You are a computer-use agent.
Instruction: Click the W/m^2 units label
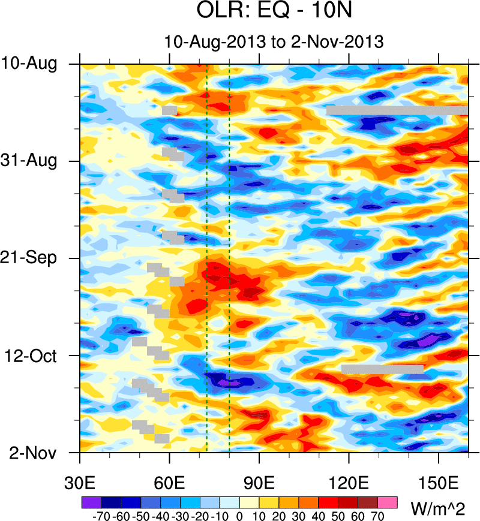coord(436,510)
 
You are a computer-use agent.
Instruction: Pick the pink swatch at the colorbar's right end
coord(388,501)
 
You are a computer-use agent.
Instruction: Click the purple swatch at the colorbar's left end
coord(91,501)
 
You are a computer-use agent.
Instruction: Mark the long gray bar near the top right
coord(397,110)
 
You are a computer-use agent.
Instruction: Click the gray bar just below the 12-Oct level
coord(382,369)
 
